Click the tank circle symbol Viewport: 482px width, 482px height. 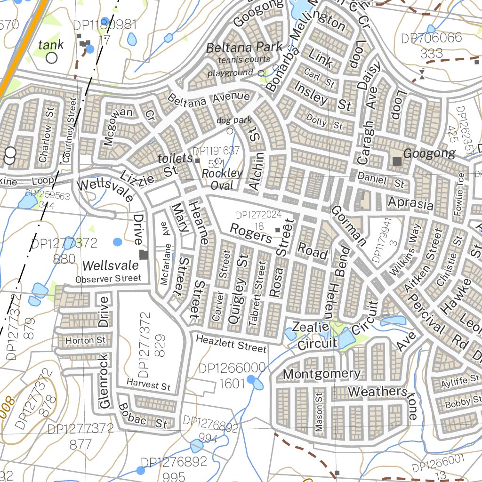(x=51, y=58)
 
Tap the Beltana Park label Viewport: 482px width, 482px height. (x=244, y=47)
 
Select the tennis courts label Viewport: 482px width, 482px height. (x=244, y=60)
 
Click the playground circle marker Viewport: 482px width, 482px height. (x=261, y=73)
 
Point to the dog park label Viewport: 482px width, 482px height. (x=234, y=120)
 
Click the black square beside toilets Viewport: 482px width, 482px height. (x=198, y=161)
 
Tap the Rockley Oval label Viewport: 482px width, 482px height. (x=222, y=179)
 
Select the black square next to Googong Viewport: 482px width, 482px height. (x=397, y=161)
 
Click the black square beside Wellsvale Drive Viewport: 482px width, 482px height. (x=144, y=255)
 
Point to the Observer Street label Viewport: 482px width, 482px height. (x=108, y=279)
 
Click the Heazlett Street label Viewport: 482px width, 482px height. (x=231, y=344)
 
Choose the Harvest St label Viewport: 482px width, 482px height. (x=148, y=385)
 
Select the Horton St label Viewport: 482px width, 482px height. (x=86, y=340)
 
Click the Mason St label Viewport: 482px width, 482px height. (x=320, y=413)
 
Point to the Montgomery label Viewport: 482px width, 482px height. (x=322, y=374)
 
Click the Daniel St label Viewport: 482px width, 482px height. (x=381, y=180)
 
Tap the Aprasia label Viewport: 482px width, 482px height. (x=410, y=203)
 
